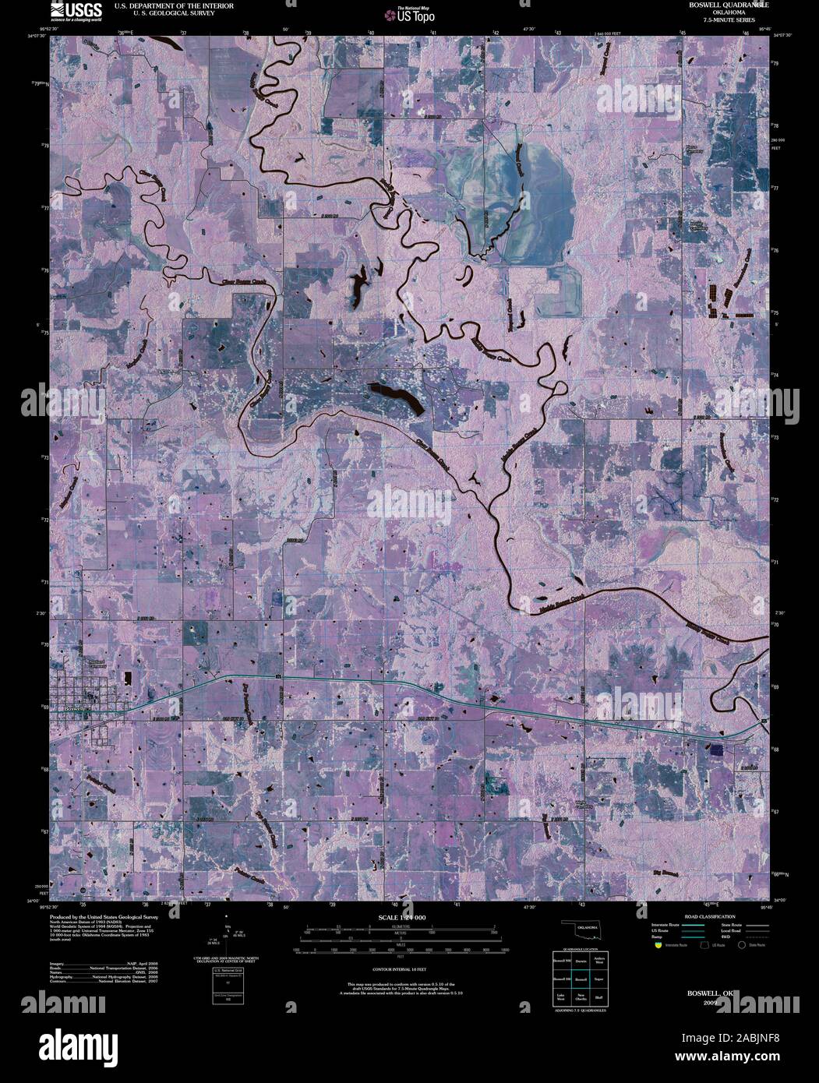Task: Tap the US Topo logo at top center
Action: pyautogui.click(x=408, y=13)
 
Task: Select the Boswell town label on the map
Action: pyautogui.click(x=74, y=709)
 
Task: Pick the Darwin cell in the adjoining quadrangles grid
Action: pyautogui.click(x=581, y=961)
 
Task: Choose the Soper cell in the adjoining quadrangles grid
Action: pyautogui.click(x=598, y=979)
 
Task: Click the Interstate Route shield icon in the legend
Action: pyautogui.click(x=658, y=945)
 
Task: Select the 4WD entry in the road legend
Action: pyautogui.click(x=752, y=937)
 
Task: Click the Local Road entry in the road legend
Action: pyautogui.click(x=752, y=930)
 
